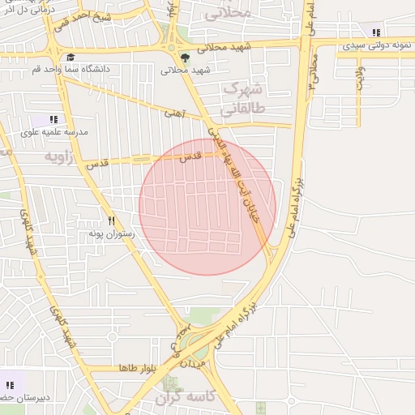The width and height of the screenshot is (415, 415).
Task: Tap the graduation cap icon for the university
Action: click(x=71, y=58)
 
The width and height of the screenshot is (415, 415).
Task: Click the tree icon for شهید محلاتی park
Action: click(x=186, y=58)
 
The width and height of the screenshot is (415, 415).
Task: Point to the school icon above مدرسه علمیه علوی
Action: click(x=54, y=119)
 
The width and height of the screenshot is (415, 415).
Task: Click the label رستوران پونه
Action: click(x=111, y=233)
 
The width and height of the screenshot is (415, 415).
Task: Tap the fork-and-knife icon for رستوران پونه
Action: click(x=111, y=220)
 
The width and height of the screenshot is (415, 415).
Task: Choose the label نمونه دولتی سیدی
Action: click(x=375, y=45)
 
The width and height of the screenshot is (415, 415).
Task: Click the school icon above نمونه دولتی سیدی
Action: click(x=375, y=32)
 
